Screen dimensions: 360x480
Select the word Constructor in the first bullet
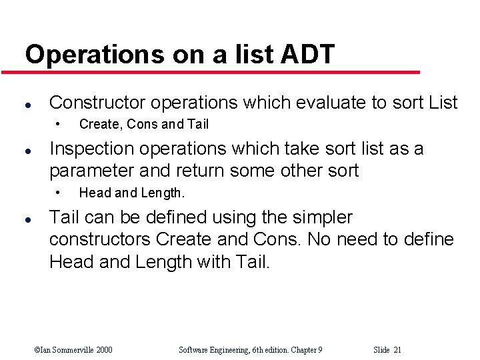pyautogui.click(x=97, y=103)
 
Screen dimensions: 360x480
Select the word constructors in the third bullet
pyautogui.click(x=99, y=239)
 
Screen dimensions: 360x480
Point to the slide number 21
pyautogui.click(x=397, y=350)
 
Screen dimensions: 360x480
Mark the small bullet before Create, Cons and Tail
pyautogui.click(x=59, y=123)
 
